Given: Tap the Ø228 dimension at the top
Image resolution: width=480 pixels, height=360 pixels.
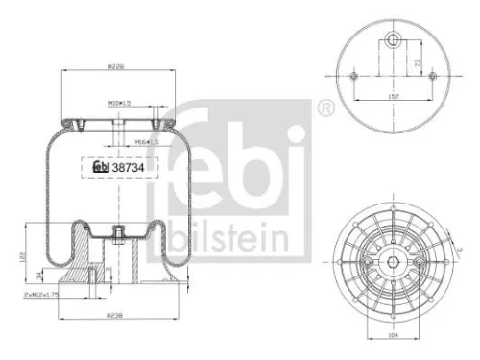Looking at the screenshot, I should [x=114, y=66].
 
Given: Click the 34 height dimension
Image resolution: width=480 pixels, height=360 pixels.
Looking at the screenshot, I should [x=37, y=277].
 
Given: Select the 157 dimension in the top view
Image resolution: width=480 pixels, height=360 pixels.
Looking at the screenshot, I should [x=395, y=96].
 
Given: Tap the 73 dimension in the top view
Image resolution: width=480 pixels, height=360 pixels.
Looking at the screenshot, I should [x=416, y=60].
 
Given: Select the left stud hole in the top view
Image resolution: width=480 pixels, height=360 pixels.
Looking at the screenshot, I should [x=354, y=77].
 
